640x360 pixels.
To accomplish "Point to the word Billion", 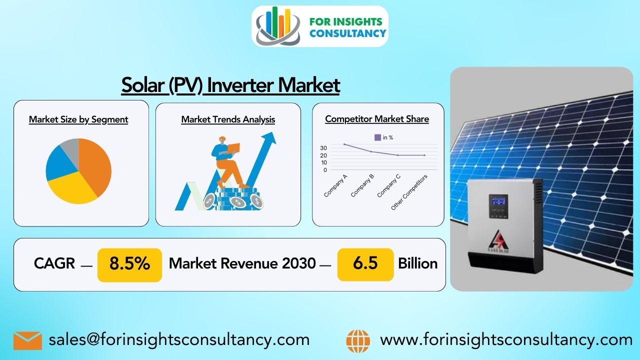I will (x=417, y=263).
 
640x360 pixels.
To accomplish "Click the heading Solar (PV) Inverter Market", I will (x=230, y=85).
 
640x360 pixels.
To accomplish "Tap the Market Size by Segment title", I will (x=78, y=119).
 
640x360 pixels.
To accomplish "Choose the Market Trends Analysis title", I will (x=228, y=119).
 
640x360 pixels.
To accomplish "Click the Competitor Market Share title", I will (x=377, y=119).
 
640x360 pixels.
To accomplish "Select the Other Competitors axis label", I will (x=409, y=192).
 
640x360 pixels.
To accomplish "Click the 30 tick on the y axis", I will (x=323, y=148).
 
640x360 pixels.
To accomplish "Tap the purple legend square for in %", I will (x=377, y=137).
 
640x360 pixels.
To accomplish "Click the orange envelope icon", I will (x=27, y=340).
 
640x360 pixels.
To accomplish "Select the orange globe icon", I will (x=358, y=341).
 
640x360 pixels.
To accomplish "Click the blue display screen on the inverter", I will (x=498, y=201).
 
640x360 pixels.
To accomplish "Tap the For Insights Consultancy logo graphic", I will (x=278, y=26).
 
